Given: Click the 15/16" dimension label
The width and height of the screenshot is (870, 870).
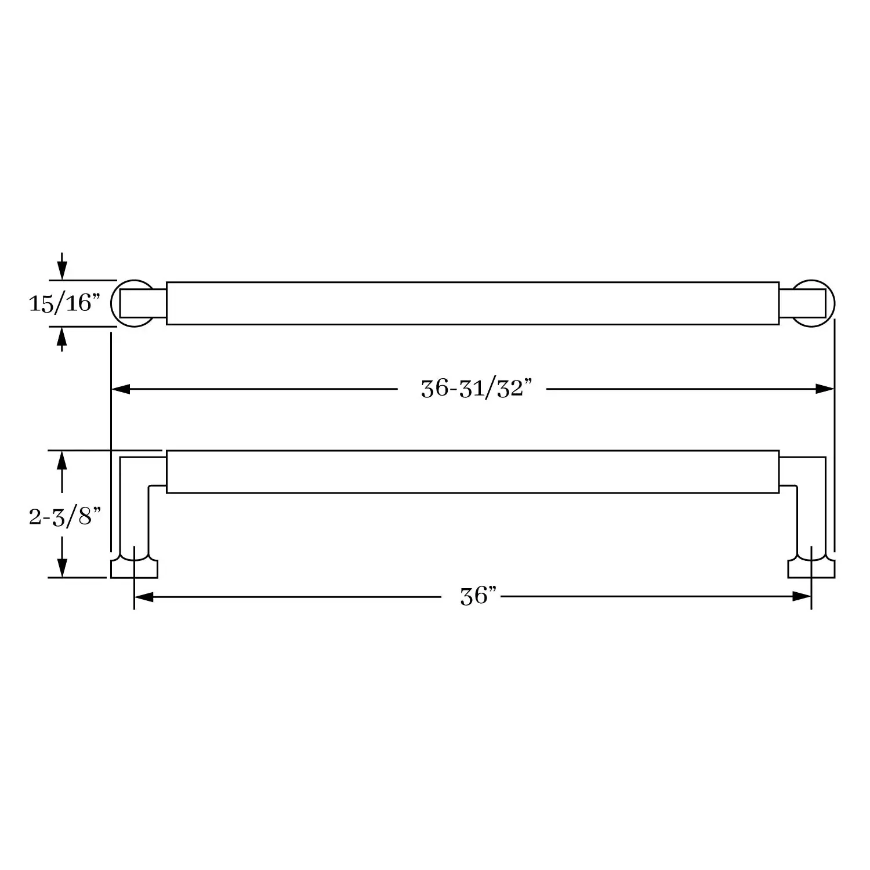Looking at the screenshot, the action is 64,303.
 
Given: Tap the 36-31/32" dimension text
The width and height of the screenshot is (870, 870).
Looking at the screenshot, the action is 476,388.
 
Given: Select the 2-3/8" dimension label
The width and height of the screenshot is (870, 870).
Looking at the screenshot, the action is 64,516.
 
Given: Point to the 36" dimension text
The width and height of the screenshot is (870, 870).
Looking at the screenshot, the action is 478,596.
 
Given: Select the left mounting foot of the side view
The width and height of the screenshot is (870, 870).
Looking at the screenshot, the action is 134,568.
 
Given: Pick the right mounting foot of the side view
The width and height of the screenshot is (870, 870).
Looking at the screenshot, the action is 811,568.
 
